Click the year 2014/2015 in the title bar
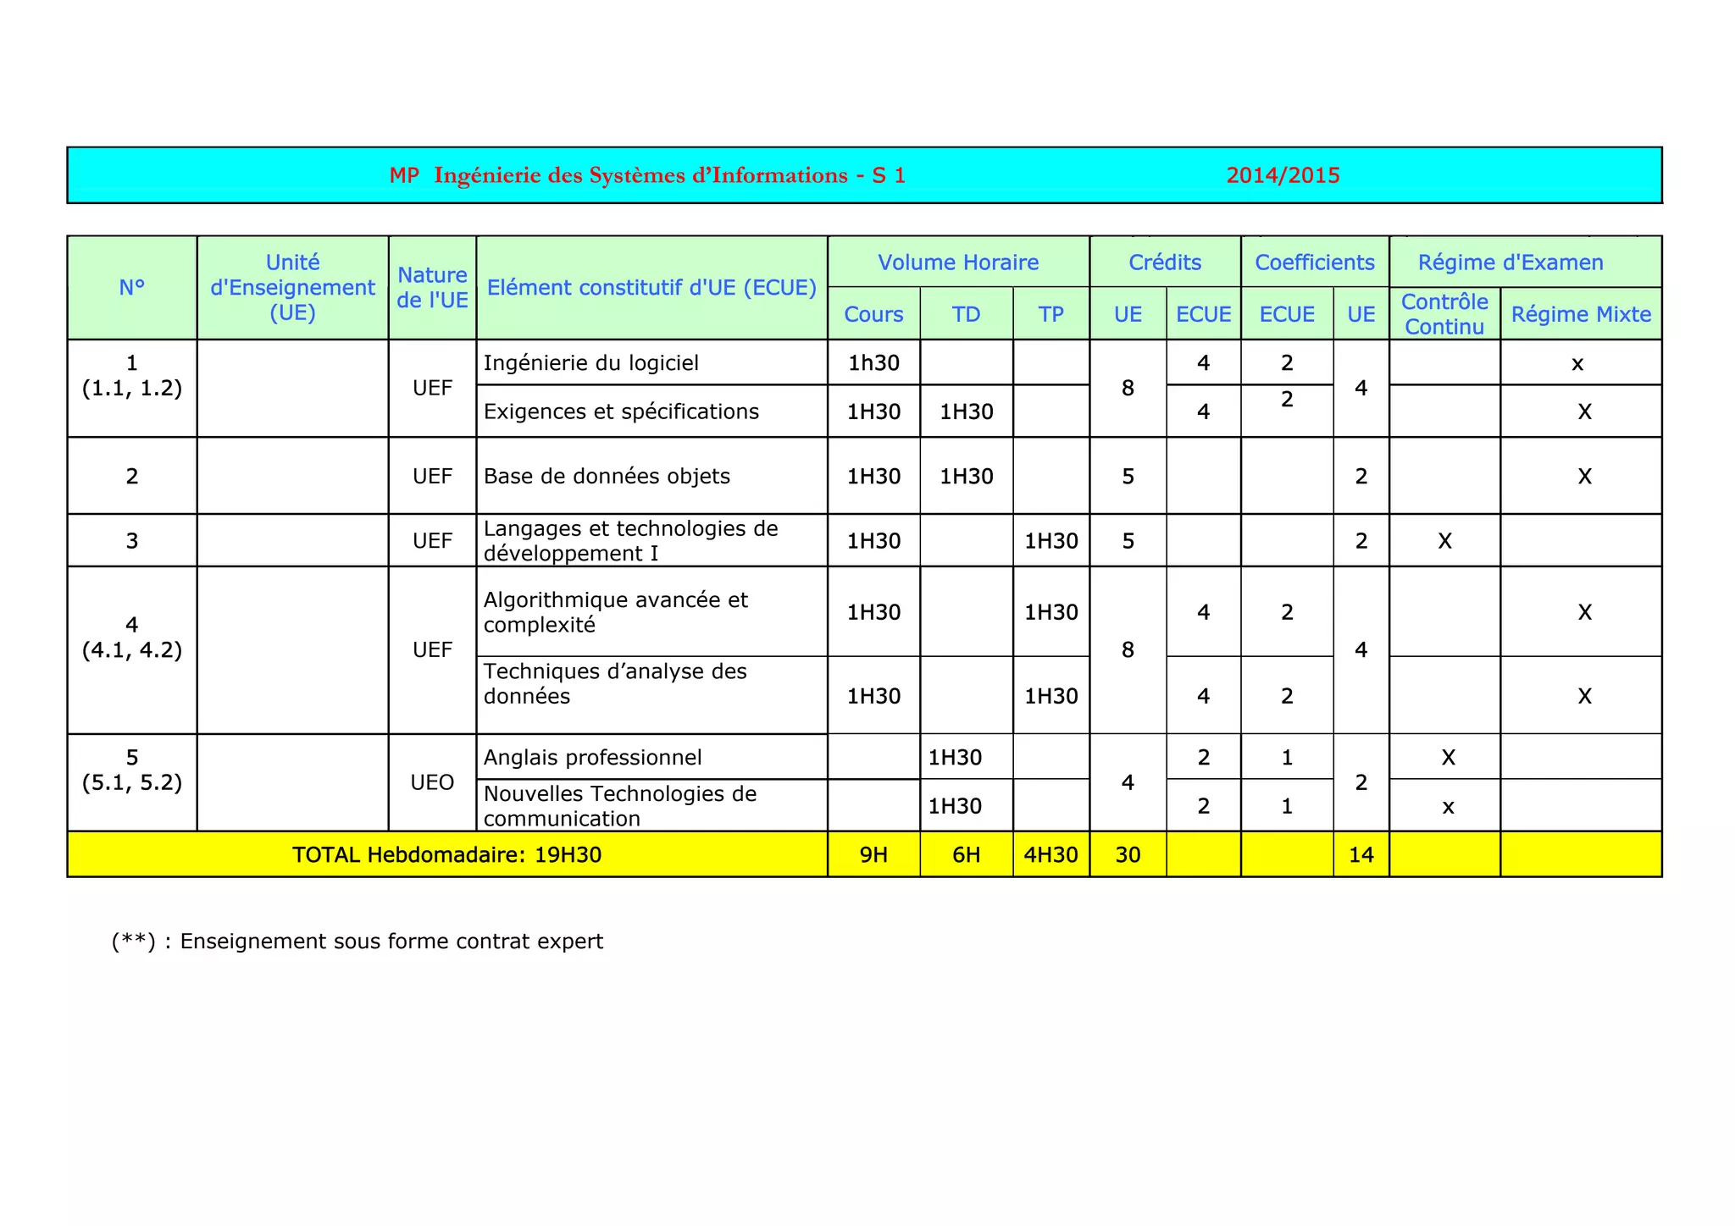pyautogui.click(x=1283, y=175)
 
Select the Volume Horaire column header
pyautogui.click(x=958, y=262)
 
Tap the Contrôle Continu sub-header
pyautogui.click(x=1444, y=314)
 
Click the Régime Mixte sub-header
pyautogui.click(x=1581, y=314)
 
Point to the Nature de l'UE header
pyautogui.click(x=432, y=288)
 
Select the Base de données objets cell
pyautogui.click(x=607, y=476)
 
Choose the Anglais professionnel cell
pyautogui.click(x=592, y=757)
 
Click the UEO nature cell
pyautogui.click(x=432, y=782)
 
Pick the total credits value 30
pyautogui.click(x=1128, y=854)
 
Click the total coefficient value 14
pyautogui.click(x=1361, y=854)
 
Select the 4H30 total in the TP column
pyautogui.click(x=1050, y=854)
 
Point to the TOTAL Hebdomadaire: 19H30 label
pyautogui.click(x=446, y=854)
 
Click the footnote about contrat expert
pyautogui.click(x=358, y=942)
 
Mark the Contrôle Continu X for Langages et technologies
pyautogui.click(x=1444, y=541)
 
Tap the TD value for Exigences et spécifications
pyautogui.click(x=966, y=411)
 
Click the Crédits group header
pyautogui.click(x=1165, y=262)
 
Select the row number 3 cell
pyautogui.click(x=132, y=541)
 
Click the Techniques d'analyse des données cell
pyautogui.click(x=615, y=684)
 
